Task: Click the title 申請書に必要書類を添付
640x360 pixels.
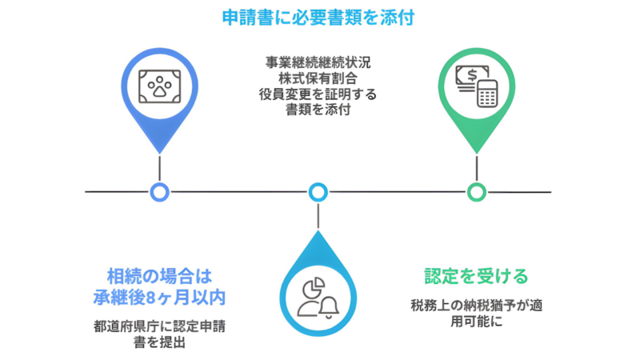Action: coord(319,17)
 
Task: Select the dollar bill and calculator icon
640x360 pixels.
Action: coord(477,83)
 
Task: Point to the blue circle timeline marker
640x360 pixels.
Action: coord(159,192)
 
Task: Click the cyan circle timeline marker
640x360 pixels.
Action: coord(318,192)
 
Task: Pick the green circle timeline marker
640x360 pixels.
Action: coord(477,192)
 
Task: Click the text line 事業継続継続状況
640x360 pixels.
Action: coord(318,62)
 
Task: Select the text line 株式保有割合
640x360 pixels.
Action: coord(318,78)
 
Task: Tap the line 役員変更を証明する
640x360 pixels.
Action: coord(318,94)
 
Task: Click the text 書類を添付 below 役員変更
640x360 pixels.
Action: coord(318,110)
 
